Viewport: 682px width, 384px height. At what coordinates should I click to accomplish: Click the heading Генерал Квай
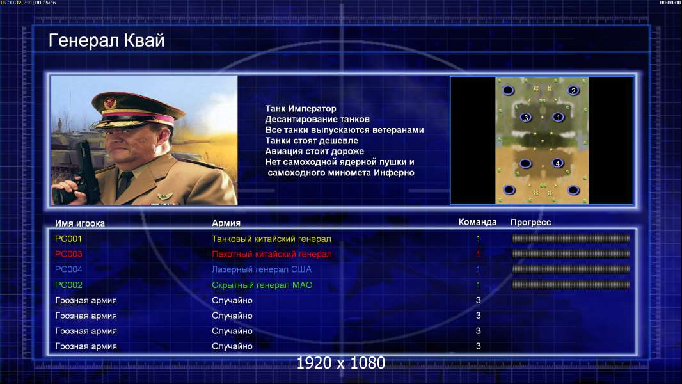click(x=107, y=40)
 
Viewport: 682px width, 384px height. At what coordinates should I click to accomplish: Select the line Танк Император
click(x=301, y=109)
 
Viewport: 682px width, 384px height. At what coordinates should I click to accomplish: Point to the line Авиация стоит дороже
click(x=315, y=151)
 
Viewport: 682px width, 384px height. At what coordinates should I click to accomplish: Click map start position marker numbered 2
click(x=573, y=90)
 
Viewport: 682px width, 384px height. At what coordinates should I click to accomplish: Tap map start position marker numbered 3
click(x=526, y=117)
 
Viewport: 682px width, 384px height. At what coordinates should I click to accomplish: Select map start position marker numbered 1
click(x=558, y=117)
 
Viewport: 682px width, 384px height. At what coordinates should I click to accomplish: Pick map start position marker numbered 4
click(x=557, y=163)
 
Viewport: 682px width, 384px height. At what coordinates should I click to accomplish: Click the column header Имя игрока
click(x=79, y=223)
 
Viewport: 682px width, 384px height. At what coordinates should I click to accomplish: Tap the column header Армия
click(x=226, y=223)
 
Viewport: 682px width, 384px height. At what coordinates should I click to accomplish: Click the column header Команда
click(x=477, y=222)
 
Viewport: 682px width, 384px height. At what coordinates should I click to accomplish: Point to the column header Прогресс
click(x=530, y=223)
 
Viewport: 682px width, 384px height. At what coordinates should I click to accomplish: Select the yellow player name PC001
click(x=68, y=239)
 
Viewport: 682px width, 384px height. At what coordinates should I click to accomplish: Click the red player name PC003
click(x=68, y=254)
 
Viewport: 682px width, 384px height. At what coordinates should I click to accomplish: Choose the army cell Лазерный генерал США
click(x=262, y=269)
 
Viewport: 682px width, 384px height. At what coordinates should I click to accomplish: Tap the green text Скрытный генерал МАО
click(x=262, y=285)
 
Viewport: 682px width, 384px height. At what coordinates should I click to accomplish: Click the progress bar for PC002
click(x=571, y=285)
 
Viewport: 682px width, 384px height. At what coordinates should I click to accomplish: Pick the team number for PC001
click(x=478, y=239)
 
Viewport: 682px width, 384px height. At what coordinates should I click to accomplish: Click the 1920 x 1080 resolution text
click(x=341, y=363)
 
